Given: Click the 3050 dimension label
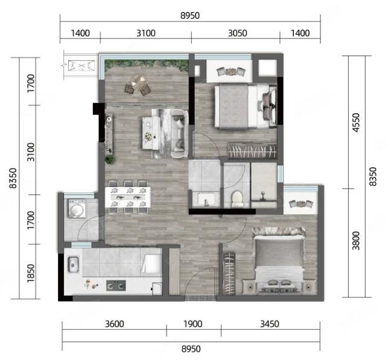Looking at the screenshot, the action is [x=237, y=33].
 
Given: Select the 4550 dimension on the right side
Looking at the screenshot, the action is [x=356, y=122].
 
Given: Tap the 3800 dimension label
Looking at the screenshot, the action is [x=356, y=241].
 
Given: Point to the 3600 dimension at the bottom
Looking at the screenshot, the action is [x=114, y=324].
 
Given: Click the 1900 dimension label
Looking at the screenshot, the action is [x=192, y=324].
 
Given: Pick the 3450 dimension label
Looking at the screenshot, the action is [x=270, y=324].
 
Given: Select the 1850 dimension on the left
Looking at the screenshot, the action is [x=31, y=273].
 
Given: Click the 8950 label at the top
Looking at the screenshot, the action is [x=190, y=16].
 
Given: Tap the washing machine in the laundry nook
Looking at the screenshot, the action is [x=77, y=209].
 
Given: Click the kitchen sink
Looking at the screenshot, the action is [x=73, y=265].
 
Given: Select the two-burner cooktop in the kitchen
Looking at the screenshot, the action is [x=116, y=286].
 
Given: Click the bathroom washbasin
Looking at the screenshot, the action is [x=205, y=200].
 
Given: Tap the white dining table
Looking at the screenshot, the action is [x=128, y=197].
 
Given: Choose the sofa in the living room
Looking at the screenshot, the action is [x=179, y=134].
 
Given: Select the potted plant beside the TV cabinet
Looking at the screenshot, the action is [x=109, y=159].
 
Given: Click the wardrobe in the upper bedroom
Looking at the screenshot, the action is [x=252, y=151].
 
